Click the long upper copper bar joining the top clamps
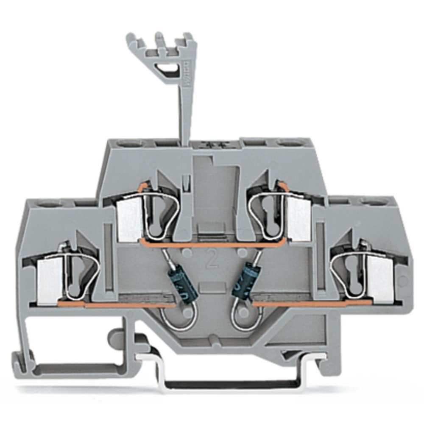click(212, 244)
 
